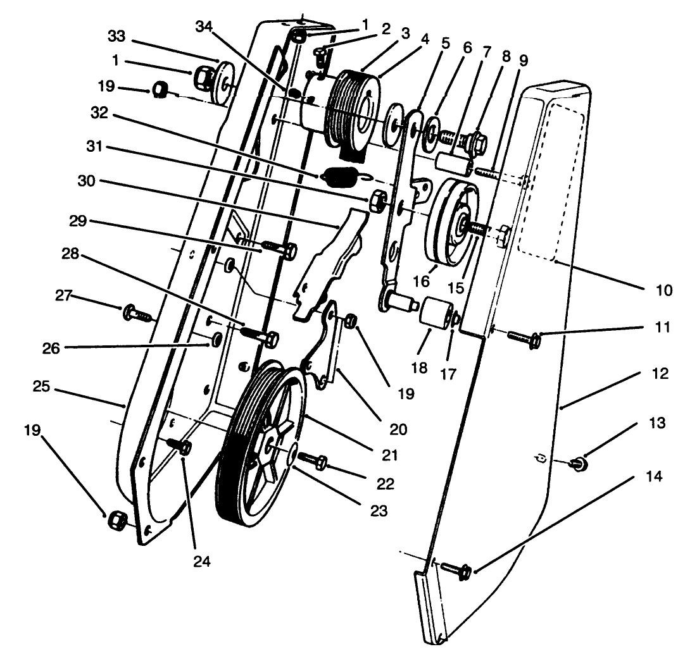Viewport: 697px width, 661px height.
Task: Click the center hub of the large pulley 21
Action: (x=273, y=448)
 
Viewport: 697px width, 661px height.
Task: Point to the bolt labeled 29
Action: (x=277, y=248)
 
